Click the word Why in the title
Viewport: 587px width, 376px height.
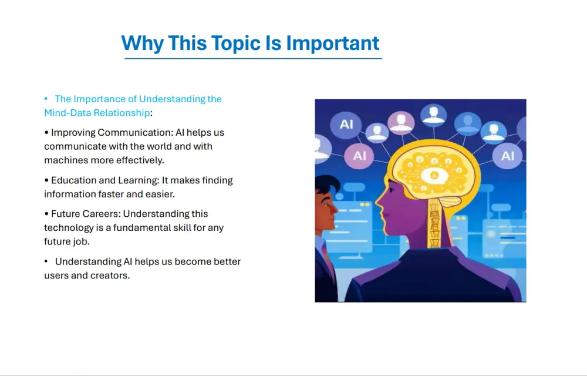(x=142, y=43)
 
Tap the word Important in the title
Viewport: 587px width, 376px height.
(x=333, y=43)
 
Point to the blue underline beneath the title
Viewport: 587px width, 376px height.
(x=253, y=59)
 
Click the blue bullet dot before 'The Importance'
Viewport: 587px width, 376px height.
(x=46, y=99)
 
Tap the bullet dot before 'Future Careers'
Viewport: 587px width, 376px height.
(x=46, y=214)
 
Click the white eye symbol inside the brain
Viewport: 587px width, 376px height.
(x=434, y=175)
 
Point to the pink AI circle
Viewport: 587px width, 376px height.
(x=359, y=156)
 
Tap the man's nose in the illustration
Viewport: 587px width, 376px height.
(x=335, y=210)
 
